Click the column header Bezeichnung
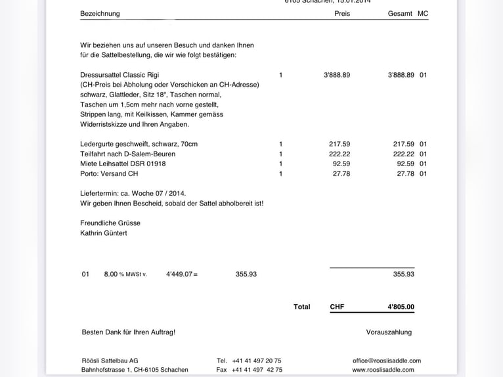tap(100, 13)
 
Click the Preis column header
tap(342, 13)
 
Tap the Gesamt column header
tap(400, 13)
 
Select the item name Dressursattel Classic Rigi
tap(120, 75)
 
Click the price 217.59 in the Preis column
tap(339, 144)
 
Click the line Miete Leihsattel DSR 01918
tap(123, 164)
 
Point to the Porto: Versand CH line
tap(109, 173)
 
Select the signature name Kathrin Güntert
tap(104, 233)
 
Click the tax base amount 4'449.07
tap(179, 274)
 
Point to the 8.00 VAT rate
tap(110, 274)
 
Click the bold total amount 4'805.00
tap(401, 307)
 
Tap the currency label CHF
tap(337, 307)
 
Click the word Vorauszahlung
tap(389, 332)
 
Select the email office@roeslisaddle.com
tap(387, 361)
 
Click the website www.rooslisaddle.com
tap(383, 370)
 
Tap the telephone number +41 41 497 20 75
tap(257, 361)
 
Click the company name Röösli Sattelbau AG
tap(109, 361)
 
